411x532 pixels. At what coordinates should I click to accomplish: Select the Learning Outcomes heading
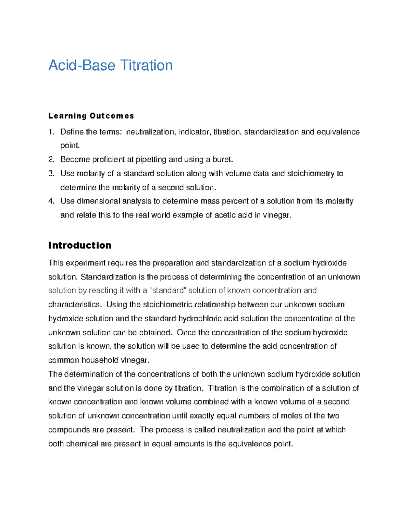(91, 116)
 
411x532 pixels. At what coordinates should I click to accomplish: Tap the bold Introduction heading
(80, 245)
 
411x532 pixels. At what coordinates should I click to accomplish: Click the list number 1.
(51, 132)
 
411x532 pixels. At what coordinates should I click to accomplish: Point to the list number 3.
(51, 174)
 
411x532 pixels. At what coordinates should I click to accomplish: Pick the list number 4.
(51, 201)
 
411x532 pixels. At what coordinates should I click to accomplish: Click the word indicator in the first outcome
(194, 132)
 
